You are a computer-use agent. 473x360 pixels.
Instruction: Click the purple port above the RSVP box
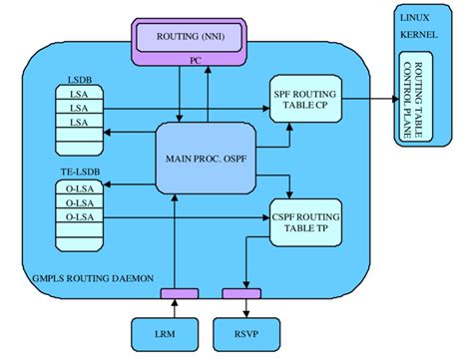pyautogui.click(x=240, y=293)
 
